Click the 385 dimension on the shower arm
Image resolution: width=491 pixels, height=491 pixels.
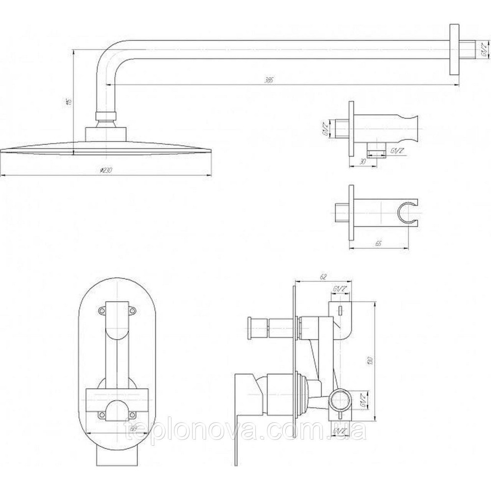[x=268, y=80]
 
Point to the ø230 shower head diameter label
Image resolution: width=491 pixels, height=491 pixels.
[x=106, y=170]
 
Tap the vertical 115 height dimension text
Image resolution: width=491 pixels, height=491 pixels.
[x=69, y=101]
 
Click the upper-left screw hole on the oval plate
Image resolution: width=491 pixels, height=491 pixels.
[x=102, y=310]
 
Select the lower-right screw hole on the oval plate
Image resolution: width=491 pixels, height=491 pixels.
[x=132, y=415]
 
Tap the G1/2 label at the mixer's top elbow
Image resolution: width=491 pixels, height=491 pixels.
[x=339, y=289]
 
